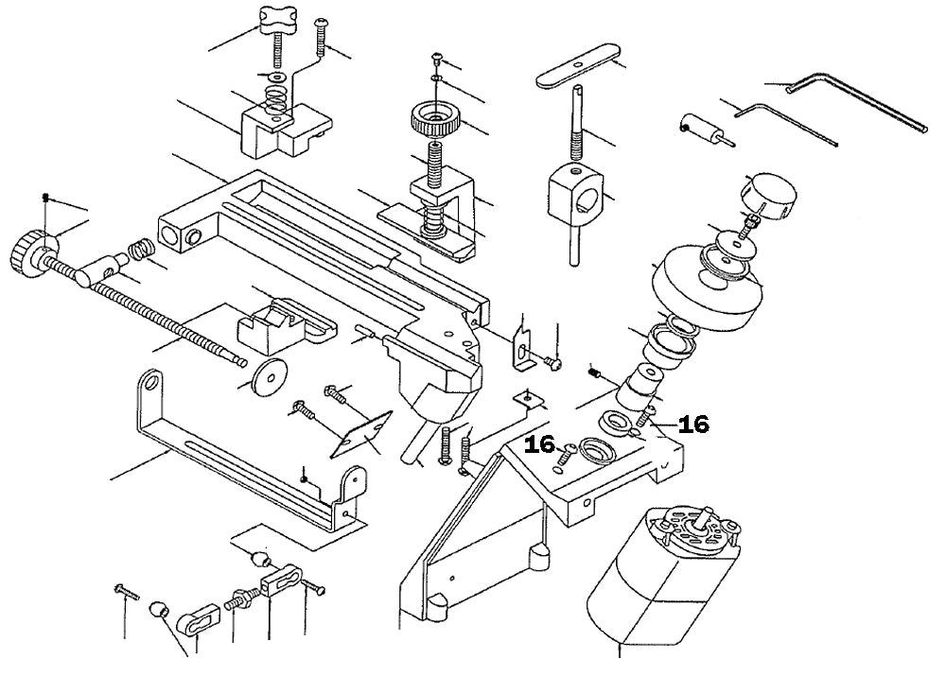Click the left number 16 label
[x=541, y=444]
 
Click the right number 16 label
[x=693, y=425]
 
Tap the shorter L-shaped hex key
[x=785, y=120]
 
